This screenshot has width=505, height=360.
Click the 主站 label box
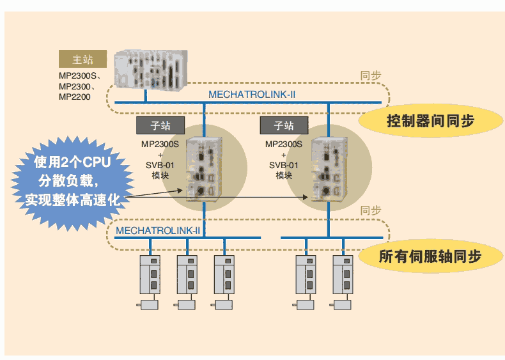(x=82, y=59)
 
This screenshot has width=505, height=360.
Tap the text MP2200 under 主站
(x=74, y=97)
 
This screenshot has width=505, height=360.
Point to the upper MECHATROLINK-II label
(x=251, y=95)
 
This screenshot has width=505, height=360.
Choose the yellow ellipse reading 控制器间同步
(x=430, y=120)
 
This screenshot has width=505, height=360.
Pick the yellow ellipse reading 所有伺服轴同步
(x=430, y=257)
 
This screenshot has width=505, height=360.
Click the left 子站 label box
(x=159, y=125)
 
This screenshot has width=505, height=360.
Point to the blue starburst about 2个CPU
(x=72, y=181)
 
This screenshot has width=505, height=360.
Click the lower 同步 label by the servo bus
(x=371, y=210)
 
